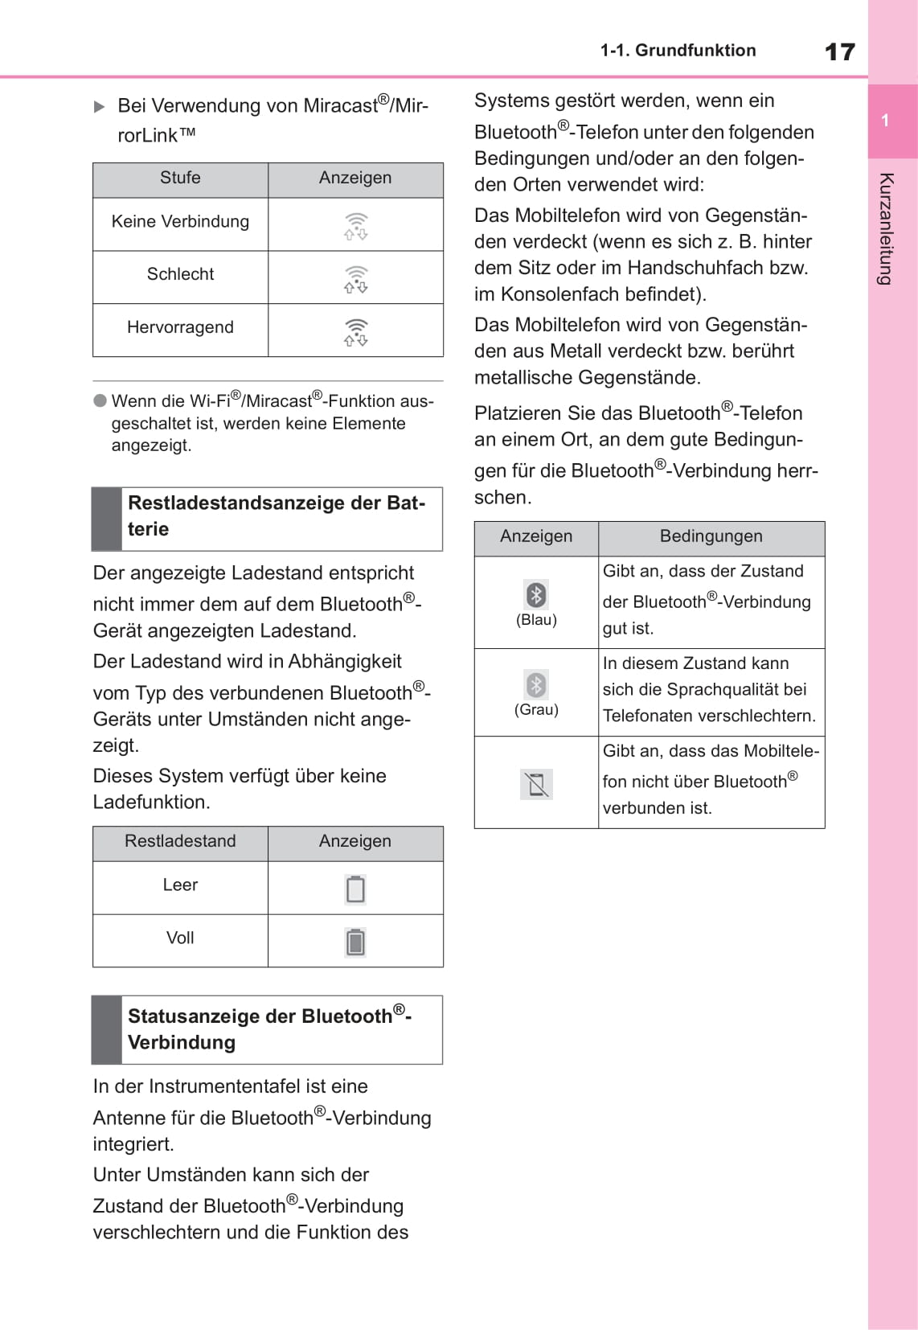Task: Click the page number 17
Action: (839, 52)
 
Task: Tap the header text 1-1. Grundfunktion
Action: (678, 51)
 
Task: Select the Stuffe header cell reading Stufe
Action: (180, 179)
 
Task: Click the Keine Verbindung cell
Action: (180, 222)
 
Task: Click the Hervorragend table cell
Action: (180, 328)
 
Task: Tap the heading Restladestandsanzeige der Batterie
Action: (276, 516)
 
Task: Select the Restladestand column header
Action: (180, 842)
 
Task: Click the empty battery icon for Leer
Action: (355, 889)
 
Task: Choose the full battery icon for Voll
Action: (355, 942)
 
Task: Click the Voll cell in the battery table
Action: (180, 938)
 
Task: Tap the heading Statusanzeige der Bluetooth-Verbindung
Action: (269, 1029)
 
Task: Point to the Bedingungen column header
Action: (711, 537)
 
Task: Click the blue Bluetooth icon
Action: (536, 594)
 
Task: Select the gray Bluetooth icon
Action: (536, 684)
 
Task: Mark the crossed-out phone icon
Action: (536, 784)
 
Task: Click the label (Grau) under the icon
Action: (536, 710)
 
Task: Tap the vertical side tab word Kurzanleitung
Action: (886, 228)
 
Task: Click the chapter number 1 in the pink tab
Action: (885, 121)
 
